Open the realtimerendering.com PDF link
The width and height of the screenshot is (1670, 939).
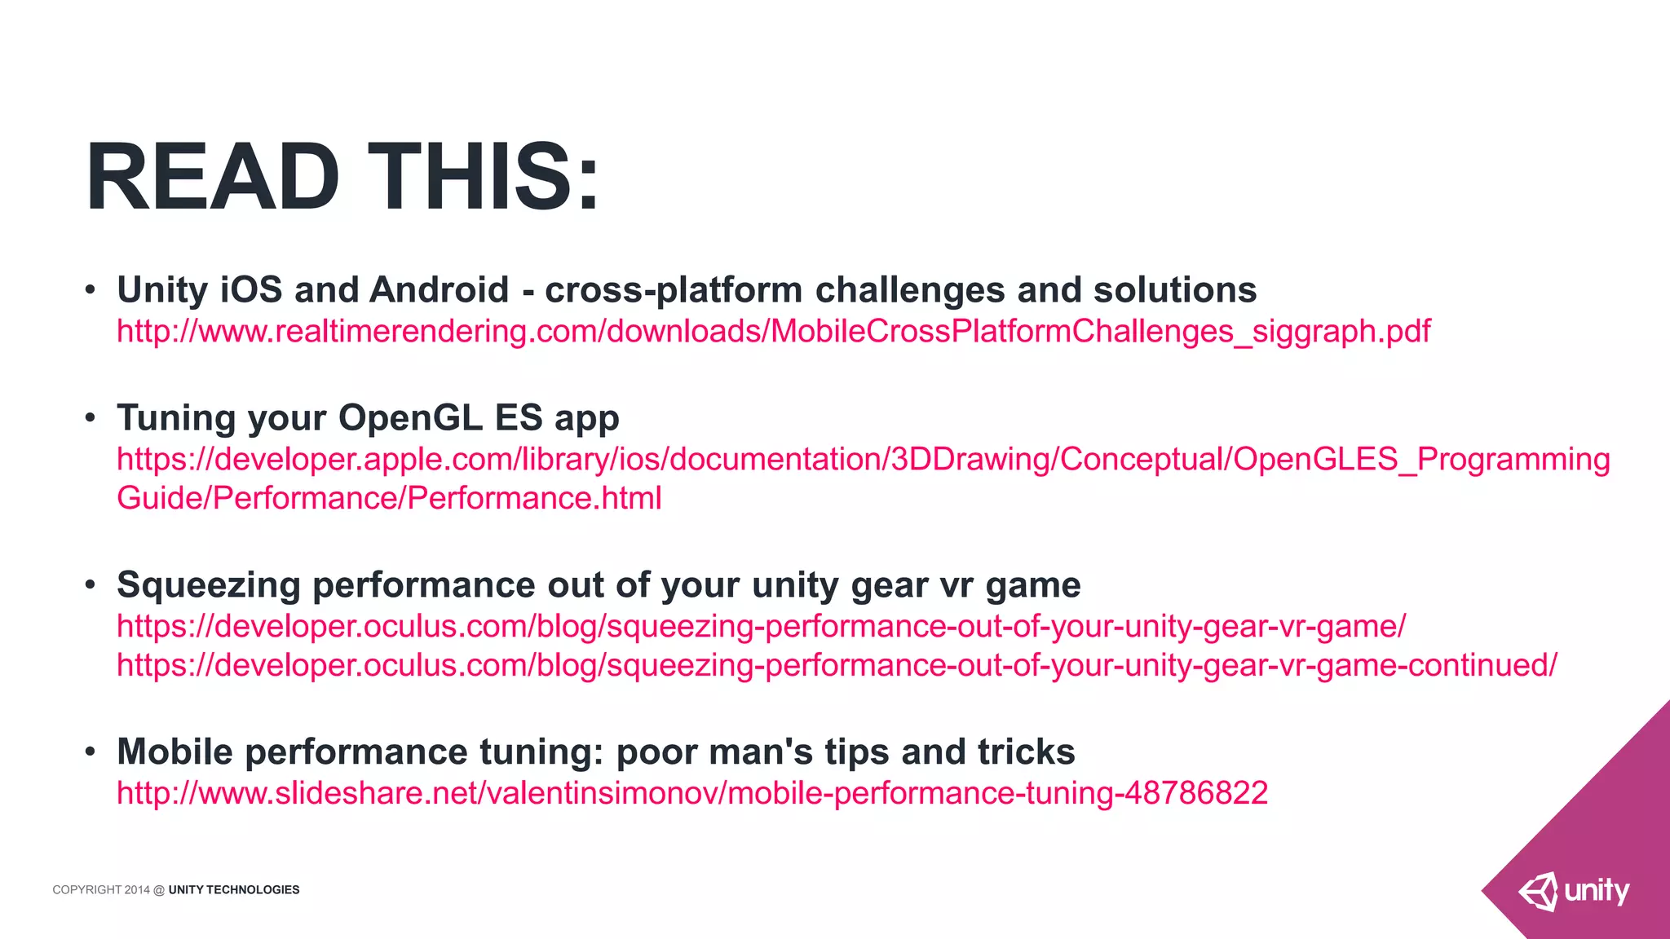[773, 331]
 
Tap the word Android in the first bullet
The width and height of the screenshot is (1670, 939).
[439, 290]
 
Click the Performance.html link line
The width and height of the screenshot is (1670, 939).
[389, 498]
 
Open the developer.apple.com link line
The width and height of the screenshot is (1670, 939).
[863, 460]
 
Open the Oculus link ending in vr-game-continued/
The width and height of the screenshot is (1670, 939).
[837, 665]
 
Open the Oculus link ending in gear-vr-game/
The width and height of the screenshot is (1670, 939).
[761, 626]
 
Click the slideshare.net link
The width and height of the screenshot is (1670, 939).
[692, 793]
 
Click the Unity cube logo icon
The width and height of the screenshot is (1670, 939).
[1538, 892]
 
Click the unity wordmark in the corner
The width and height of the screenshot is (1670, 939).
[1597, 891]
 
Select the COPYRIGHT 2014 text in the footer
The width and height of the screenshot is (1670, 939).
[101, 890]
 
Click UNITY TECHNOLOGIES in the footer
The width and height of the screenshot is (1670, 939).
[234, 890]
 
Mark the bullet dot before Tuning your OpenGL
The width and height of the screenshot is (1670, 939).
[91, 419]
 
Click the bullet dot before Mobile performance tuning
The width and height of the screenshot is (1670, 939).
[91, 752]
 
